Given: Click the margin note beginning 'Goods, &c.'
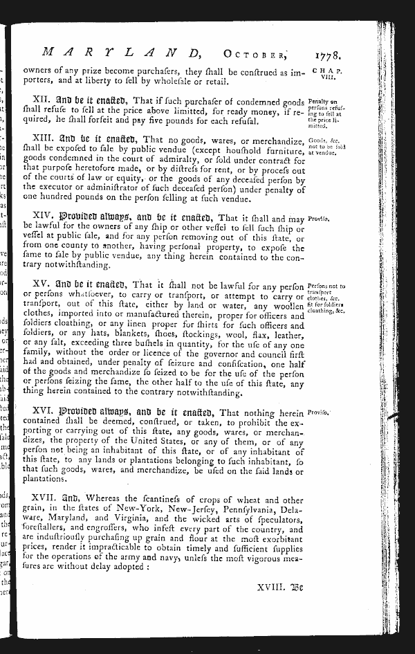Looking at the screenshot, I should click(326, 146).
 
